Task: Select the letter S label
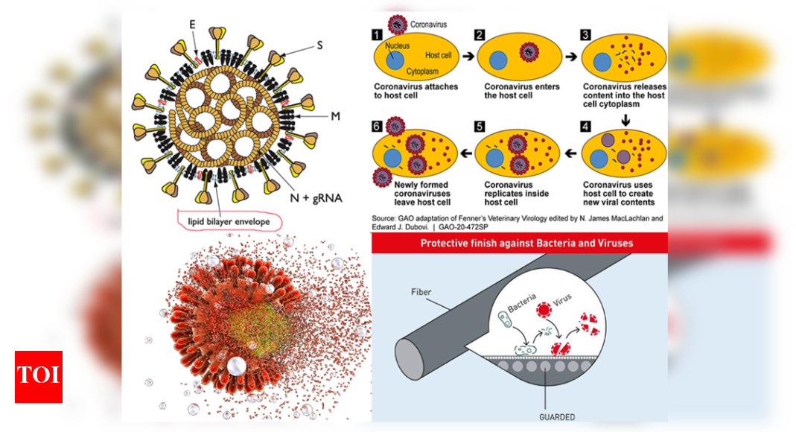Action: click(x=319, y=45)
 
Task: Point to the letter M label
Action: click(x=334, y=116)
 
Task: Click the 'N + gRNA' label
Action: click(x=315, y=199)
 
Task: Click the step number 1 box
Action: click(x=378, y=34)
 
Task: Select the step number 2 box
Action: click(x=480, y=34)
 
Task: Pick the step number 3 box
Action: click(x=585, y=34)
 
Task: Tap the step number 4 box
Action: click(x=585, y=126)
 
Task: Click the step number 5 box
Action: click(x=480, y=126)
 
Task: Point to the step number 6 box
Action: click(x=378, y=126)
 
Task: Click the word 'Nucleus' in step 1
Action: click(x=398, y=45)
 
